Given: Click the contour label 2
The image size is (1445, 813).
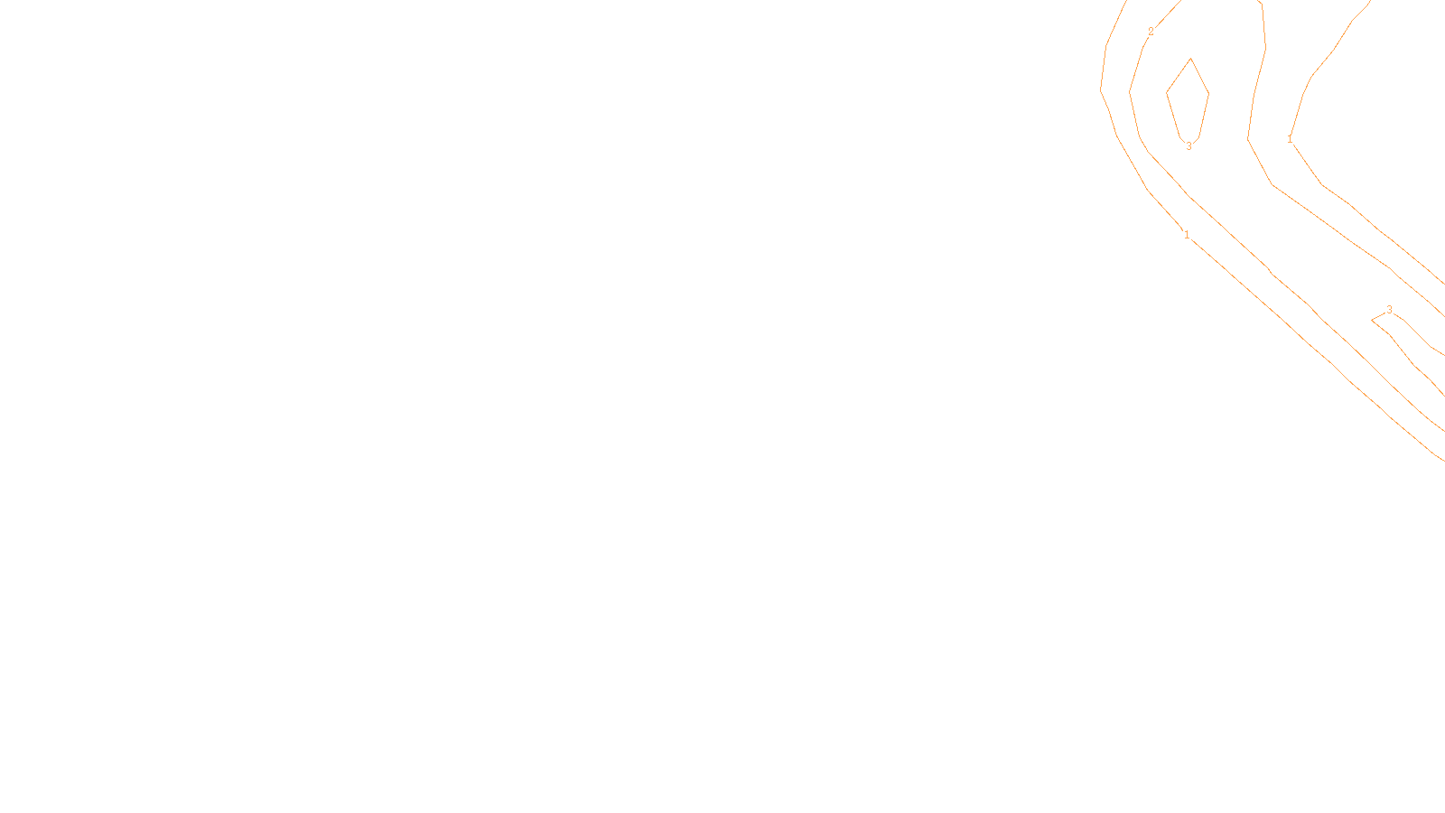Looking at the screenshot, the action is pos(1151,32).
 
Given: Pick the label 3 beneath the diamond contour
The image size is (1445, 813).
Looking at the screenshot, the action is pos(1189,145).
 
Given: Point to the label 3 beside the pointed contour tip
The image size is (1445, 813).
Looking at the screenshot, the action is pos(1389,310).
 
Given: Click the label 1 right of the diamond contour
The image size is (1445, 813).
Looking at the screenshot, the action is pos(1290,139).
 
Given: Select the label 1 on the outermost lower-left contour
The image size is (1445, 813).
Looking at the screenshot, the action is pos(1187,235).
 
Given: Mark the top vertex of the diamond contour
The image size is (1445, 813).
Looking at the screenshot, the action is pos(1191,59).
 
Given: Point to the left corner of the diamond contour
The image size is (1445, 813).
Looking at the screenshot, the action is pos(1167,92).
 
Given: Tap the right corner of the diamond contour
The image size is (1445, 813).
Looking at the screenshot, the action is pos(1209,93).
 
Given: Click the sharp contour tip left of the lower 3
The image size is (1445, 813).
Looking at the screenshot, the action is pos(1372,320).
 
